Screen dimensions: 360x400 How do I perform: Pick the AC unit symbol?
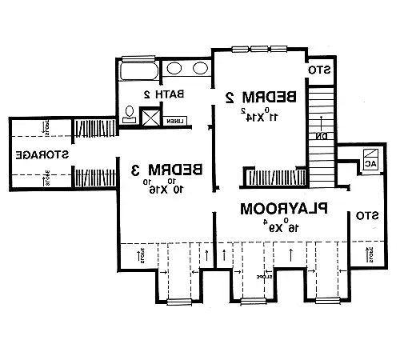[370, 158]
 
